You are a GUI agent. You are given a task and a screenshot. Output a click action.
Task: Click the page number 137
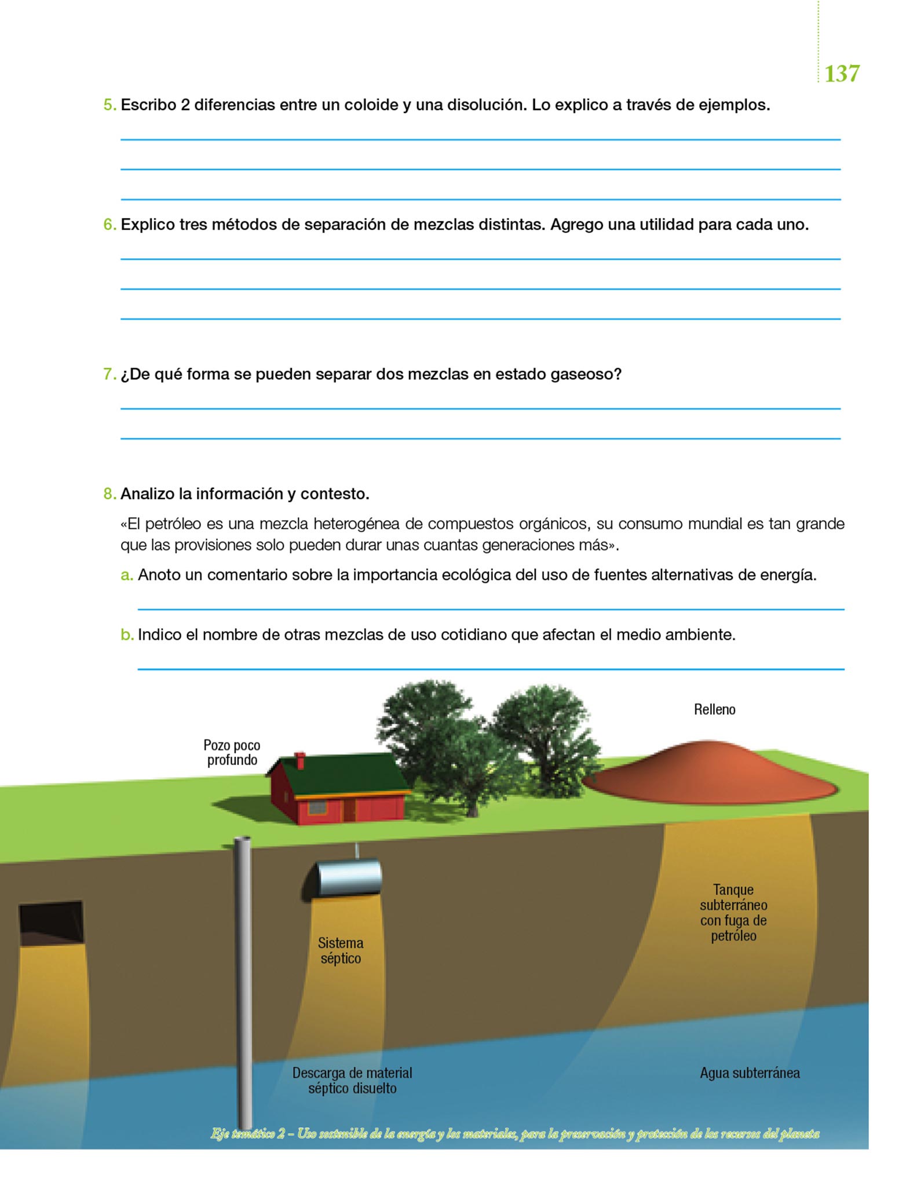click(x=841, y=74)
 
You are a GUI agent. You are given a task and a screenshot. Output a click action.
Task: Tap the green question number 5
click(x=109, y=105)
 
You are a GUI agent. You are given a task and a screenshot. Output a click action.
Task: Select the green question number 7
click(x=109, y=374)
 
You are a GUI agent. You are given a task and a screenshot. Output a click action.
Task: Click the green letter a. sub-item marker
click(x=126, y=575)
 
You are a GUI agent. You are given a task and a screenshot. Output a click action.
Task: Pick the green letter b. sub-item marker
click(x=126, y=635)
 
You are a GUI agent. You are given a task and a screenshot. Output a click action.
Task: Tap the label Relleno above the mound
click(x=714, y=709)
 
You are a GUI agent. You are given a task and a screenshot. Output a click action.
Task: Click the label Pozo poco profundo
click(x=232, y=752)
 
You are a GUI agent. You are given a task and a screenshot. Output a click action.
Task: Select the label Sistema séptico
click(x=341, y=950)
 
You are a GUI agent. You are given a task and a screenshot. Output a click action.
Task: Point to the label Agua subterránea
click(x=750, y=1072)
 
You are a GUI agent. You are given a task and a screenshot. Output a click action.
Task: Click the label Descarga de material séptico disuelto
click(x=352, y=1080)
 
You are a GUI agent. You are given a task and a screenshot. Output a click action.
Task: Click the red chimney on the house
click(x=299, y=760)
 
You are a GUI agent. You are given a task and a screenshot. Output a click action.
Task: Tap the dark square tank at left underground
click(x=51, y=923)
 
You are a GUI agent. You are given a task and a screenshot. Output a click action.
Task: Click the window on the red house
click(x=316, y=807)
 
